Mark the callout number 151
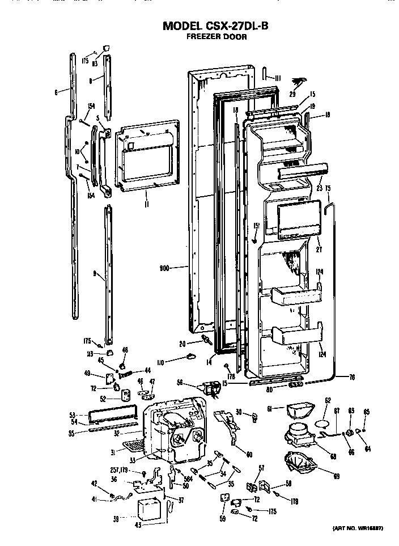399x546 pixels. [x=256, y=226]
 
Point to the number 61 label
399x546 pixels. [x=270, y=408]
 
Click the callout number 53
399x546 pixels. [x=73, y=414]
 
